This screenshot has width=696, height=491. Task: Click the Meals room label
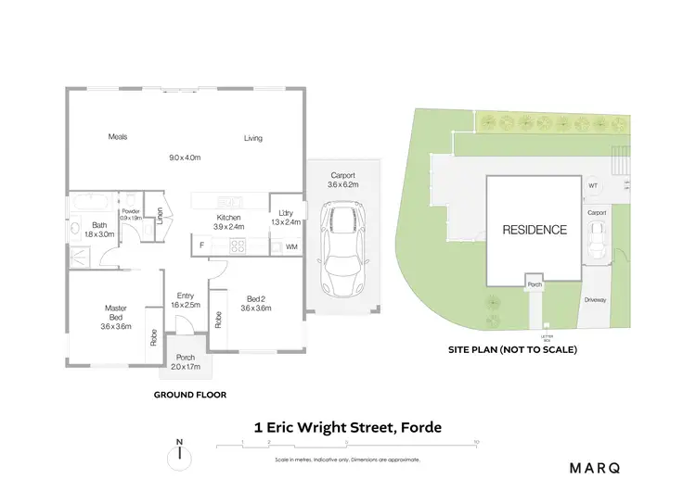(x=117, y=137)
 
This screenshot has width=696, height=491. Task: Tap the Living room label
(x=253, y=139)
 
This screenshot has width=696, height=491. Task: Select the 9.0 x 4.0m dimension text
(x=186, y=157)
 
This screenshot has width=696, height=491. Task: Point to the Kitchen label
(x=229, y=218)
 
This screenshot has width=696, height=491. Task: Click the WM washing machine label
(x=291, y=246)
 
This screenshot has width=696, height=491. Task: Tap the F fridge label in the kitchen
(x=201, y=245)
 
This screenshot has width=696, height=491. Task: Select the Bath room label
(x=98, y=226)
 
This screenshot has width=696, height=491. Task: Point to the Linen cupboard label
(x=160, y=216)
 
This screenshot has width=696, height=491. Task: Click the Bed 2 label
(x=255, y=298)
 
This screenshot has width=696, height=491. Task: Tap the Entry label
(x=186, y=296)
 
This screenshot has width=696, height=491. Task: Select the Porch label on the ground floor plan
(x=186, y=356)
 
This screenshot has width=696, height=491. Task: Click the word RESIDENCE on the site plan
(x=535, y=229)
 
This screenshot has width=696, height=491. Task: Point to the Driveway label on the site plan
(x=596, y=300)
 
